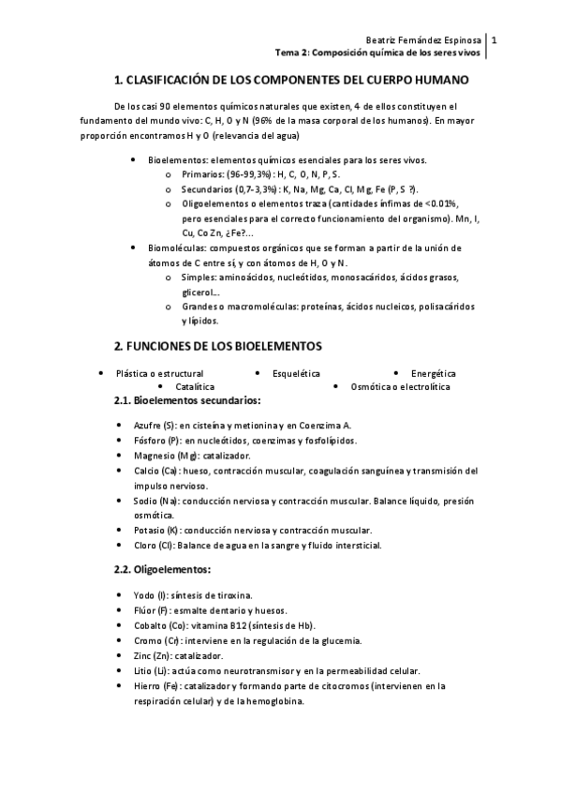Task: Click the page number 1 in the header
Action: pos(495,40)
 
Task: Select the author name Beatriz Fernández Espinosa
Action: pos(426,41)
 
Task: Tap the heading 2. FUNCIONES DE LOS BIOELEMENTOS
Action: pos(217,345)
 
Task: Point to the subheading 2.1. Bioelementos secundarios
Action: pos(181,401)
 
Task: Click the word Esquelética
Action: pos(296,372)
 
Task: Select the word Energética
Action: pos(434,372)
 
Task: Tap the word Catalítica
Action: pos(195,386)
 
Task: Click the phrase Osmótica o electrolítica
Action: pos(400,386)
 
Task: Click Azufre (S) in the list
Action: pos(155,425)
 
